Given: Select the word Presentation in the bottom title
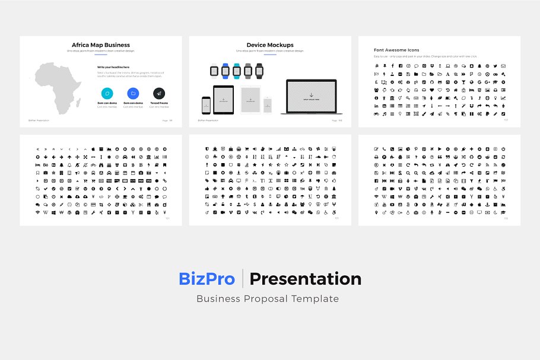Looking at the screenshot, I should [305, 279].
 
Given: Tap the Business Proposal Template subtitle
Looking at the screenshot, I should [268, 299].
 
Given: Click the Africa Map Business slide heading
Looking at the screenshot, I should [101, 45].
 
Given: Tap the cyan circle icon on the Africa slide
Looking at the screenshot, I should [107, 93].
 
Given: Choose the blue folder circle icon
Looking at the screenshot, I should [133, 93].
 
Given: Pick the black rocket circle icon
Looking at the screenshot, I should [158, 93].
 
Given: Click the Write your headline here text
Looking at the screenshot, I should [113, 67].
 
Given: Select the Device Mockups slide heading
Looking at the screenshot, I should [270, 45].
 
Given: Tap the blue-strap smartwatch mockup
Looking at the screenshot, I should [225, 71].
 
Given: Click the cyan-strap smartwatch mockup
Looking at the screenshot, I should [237, 71].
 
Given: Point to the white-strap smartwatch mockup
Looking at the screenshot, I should [214, 71].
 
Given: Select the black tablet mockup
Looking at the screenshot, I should [224, 100].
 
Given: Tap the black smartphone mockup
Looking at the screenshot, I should [206, 105].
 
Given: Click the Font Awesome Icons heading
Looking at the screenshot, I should [396, 50].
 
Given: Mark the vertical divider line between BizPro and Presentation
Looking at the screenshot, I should [243, 279].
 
